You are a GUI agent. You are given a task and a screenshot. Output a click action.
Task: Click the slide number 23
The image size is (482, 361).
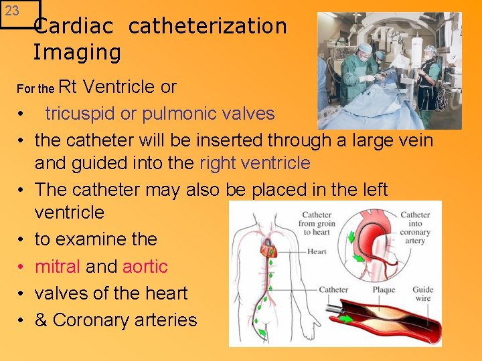pos(12,11)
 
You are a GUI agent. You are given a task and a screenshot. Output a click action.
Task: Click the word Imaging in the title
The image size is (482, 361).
pos(77,51)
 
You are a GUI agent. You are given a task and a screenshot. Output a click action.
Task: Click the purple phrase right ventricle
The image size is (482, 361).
pos(255,163)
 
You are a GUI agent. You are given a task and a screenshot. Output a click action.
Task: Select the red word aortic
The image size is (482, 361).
pos(145,267)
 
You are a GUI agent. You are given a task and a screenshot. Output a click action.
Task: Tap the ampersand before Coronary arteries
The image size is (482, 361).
pos(41,320)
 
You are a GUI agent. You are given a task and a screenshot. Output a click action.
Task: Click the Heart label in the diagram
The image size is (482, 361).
pos(317,252)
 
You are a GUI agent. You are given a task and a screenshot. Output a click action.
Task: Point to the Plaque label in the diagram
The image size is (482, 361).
pos(382,290)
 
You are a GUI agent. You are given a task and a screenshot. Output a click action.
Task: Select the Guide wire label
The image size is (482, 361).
pos(422,295)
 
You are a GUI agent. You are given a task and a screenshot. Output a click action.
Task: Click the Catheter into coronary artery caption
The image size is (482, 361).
pos(415,227)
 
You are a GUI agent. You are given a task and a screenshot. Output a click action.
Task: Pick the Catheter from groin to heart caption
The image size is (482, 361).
pos(316,224)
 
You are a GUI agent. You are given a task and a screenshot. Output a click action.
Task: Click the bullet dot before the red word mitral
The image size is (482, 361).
pos(23,267)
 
